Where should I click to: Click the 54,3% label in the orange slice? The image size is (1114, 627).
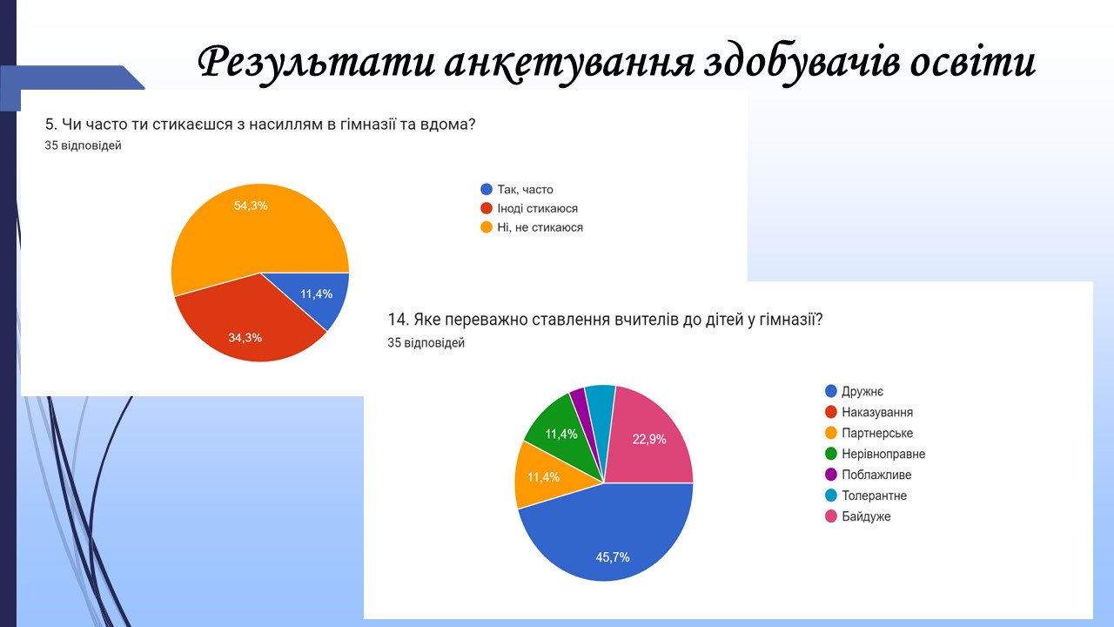coord(251,206)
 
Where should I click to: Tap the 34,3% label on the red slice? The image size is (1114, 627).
coord(245,338)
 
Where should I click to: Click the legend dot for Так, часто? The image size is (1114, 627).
coord(487,189)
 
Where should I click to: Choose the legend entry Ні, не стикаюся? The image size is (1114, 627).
coord(532,227)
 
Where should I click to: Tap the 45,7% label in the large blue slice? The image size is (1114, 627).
coord(613,557)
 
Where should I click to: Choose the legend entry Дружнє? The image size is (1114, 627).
coord(855,391)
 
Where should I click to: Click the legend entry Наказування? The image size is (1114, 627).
coord(869,412)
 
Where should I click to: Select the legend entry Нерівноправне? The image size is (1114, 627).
coord(876,454)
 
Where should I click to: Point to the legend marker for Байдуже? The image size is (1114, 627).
coord(831,516)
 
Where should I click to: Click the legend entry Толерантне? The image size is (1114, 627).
coord(866,496)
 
